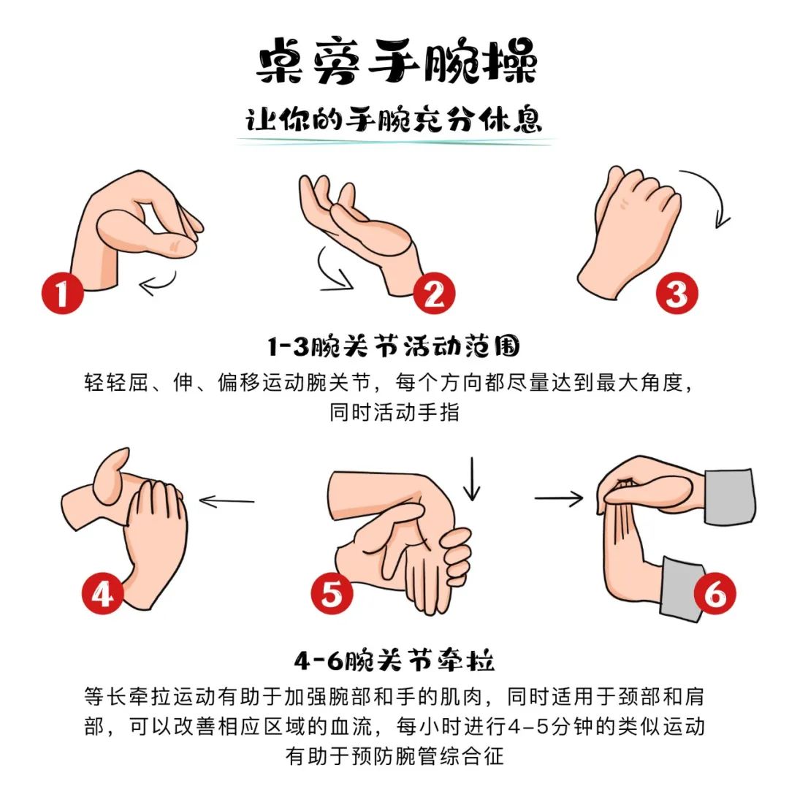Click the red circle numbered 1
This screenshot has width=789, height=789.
62,293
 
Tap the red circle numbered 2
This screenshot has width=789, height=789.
434,294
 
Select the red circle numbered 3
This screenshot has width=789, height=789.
676,292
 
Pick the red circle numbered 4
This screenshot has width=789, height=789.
103,594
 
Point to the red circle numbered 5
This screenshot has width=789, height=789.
332,593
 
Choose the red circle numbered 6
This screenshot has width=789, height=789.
714,594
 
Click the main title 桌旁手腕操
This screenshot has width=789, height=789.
397,61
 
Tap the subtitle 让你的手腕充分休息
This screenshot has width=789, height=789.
394,120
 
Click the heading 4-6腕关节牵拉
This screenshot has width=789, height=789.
394,660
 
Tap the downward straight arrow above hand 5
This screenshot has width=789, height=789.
471,479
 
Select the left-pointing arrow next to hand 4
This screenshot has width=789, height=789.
226,500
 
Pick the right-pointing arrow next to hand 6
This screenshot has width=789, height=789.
559,498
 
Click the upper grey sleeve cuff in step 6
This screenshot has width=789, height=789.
730,497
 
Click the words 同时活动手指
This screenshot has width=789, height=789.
394,413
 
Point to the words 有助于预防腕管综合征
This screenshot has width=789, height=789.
394,756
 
